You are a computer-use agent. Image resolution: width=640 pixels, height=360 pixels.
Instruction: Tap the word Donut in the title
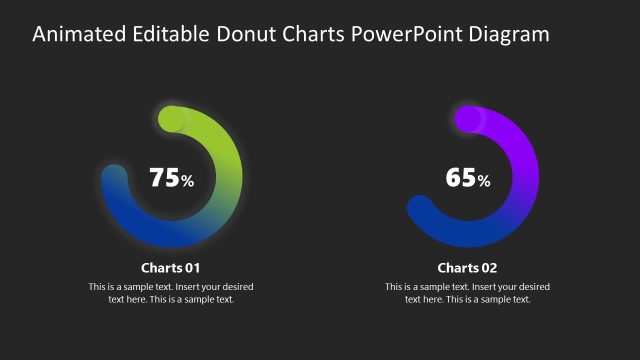(242, 34)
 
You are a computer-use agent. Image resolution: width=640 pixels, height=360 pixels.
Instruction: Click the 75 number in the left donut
(163, 178)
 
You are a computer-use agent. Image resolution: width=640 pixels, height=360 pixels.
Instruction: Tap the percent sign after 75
(187, 181)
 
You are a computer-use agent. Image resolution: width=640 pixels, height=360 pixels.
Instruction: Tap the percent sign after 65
(484, 181)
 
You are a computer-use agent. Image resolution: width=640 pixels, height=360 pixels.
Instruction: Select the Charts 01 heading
(171, 268)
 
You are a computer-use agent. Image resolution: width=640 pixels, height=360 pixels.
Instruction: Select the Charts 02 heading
(468, 268)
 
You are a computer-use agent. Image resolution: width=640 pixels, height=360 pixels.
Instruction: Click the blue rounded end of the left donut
(115, 177)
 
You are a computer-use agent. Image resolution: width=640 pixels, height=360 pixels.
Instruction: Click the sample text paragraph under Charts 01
(171, 293)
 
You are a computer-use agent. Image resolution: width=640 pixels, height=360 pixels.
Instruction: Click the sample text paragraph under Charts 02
(468, 293)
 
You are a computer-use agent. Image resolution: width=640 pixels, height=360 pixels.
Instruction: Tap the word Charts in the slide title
(310, 34)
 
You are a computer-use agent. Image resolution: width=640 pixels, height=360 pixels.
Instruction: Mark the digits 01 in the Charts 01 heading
(192, 268)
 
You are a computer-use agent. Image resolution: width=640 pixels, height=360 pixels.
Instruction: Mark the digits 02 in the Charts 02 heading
(488, 268)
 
